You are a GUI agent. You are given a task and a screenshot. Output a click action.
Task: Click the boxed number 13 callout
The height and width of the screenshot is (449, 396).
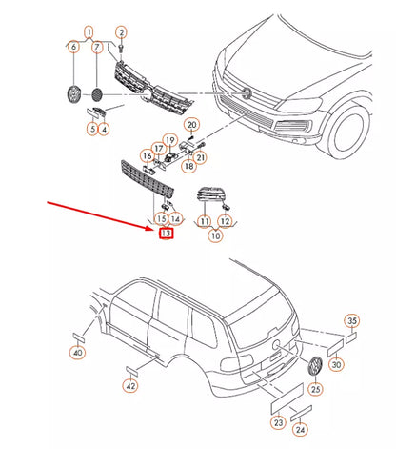pyautogui.click(x=166, y=234)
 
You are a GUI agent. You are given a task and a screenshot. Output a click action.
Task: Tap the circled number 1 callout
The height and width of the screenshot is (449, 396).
pyautogui.click(x=89, y=31)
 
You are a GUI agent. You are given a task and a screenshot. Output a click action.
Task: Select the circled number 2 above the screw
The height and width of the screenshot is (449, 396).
pyautogui.click(x=121, y=32)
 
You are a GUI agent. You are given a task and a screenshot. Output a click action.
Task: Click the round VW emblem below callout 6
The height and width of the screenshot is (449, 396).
pyautogui.click(x=74, y=94)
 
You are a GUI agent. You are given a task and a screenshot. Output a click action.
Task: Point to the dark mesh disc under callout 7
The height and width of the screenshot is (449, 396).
pyautogui.click(x=97, y=94)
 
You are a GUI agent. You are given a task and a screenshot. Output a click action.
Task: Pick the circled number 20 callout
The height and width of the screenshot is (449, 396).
pyautogui.click(x=192, y=125)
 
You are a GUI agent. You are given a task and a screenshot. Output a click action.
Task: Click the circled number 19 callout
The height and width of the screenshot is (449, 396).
pyautogui.click(x=170, y=140)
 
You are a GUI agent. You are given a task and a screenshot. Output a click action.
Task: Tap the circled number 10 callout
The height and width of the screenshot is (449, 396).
pyautogui.click(x=216, y=235)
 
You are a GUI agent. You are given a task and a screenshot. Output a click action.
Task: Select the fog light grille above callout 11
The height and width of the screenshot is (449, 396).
pyautogui.click(x=209, y=194)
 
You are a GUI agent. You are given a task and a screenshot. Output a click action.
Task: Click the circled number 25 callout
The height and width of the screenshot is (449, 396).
pyautogui.click(x=315, y=389)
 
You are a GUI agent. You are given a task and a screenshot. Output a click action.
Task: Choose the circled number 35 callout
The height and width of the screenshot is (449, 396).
pyautogui.click(x=352, y=320)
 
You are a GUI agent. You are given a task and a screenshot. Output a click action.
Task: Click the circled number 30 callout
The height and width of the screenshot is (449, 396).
pyautogui.click(x=336, y=364)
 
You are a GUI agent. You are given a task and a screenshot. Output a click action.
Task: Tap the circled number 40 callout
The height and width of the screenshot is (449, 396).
pyautogui.click(x=77, y=352)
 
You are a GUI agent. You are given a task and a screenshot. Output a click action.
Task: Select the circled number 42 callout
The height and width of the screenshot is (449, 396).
pyautogui.click(x=130, y=386)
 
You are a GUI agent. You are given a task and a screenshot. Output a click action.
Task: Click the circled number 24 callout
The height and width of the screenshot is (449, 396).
pyautogui.click(x=300, y=430)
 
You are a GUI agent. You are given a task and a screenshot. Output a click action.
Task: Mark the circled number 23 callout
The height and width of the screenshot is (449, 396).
pyautogui.click(x=278, y=422)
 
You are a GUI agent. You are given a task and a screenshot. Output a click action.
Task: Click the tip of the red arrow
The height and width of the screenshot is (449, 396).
pyautogui.click(x=153, y=229)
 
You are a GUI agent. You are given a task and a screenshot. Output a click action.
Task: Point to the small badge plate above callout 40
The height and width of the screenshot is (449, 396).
pyautogui.click(x=79, y=337)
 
